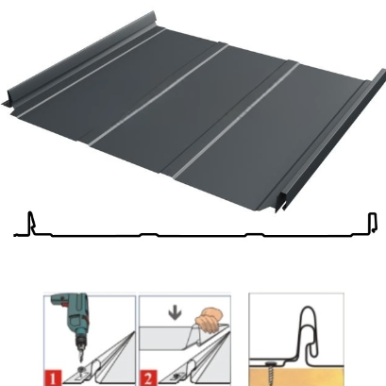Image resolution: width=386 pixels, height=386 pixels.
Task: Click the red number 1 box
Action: pos(53,378)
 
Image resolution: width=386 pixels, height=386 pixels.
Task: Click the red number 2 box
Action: pos(148,378)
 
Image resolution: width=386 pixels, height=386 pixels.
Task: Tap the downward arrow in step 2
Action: pos(175,313)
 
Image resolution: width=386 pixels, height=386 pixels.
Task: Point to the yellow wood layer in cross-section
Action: pos(296,377)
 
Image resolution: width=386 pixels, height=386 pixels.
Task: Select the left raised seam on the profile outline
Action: pos(31,223)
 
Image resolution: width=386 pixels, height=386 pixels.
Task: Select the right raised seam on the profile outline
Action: pos(373,223)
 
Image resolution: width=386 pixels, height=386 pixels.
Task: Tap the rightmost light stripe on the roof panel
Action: pos(235,119)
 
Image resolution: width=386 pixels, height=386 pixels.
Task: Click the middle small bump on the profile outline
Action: pos(149,234)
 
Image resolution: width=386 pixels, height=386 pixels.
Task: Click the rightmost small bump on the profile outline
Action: pos(255,234)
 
